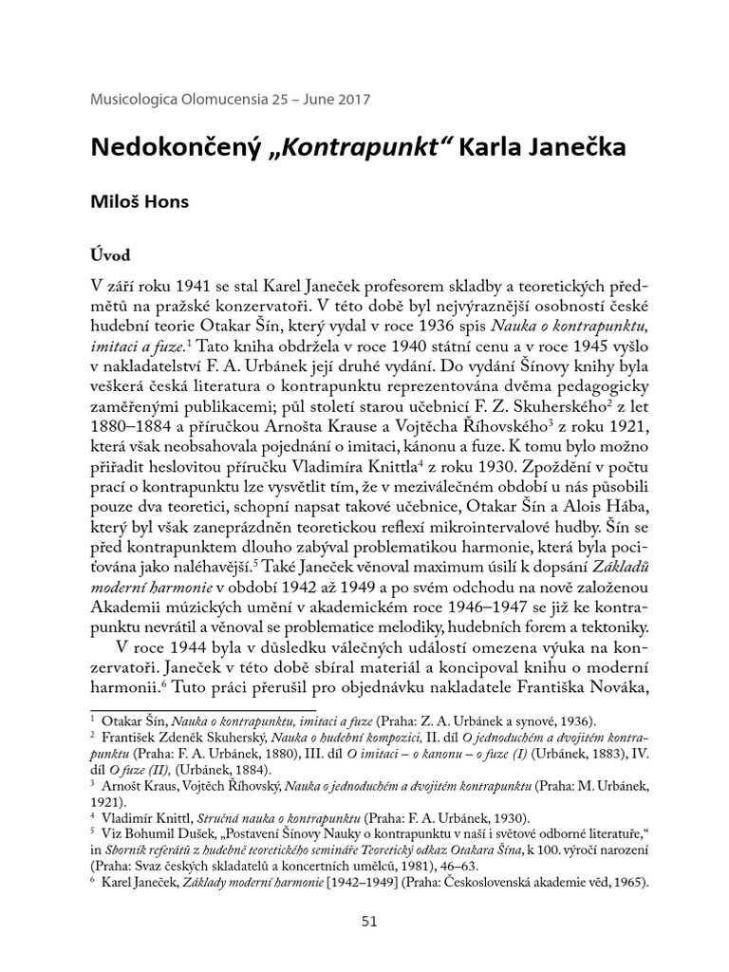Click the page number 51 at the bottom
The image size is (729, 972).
click(x=364, y=920)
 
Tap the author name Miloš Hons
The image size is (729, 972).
click(x=140, y=203)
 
